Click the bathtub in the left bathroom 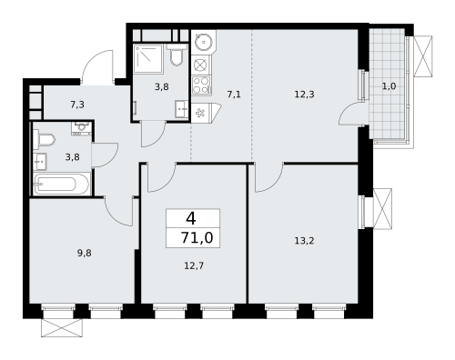click(61, 185)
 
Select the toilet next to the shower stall click(177, 58)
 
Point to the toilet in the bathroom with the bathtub click(45, 139)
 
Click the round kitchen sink click(202, 41)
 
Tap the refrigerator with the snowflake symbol click(201, 112)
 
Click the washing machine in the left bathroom click(40, 162)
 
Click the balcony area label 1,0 click(389, 86)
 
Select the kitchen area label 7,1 click(234, 94)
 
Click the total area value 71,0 click(192, 238)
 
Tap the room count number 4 click(190, 218)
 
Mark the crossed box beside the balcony click(424, 55)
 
